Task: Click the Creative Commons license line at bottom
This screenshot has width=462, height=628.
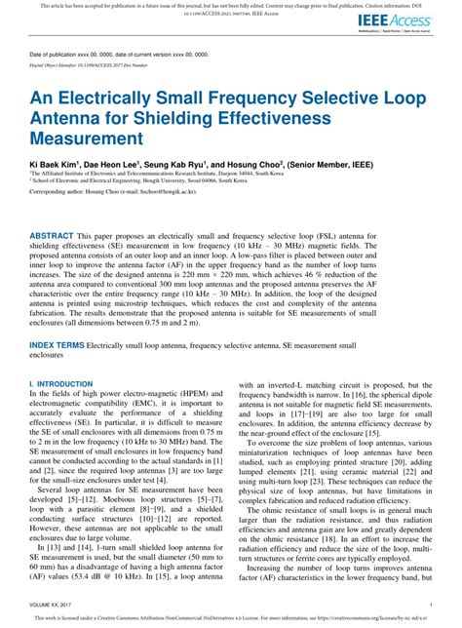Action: click(231, 618)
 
